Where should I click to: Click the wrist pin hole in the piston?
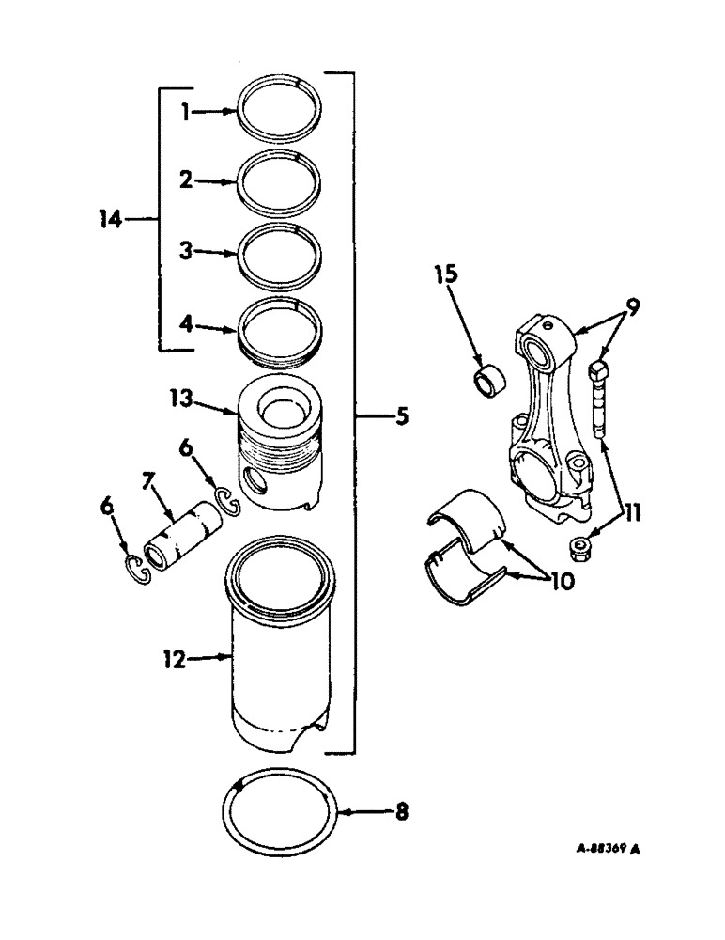pyautogui.click(x=254, y=484)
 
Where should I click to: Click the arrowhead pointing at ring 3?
pyautogui.click(x=233, y=253)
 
